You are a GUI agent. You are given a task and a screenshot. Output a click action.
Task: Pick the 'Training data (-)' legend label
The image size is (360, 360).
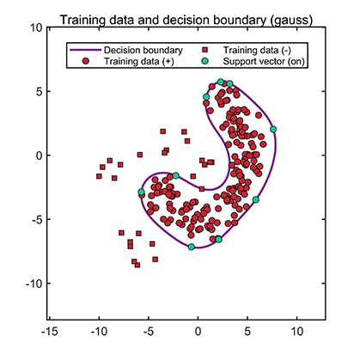pyautogui.click(x=255, y=51)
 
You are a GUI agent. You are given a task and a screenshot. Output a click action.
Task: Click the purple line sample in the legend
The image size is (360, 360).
pyautogui.click(x=84, y=51)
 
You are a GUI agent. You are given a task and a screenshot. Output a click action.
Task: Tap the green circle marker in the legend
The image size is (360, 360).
pyautogui.click(x=209, y=62)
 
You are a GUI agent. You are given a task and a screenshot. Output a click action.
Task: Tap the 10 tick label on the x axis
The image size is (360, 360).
pyautogui.click(x=297, y=329)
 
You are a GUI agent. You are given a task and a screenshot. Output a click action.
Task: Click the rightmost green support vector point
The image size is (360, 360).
pyautogui.click(x=273, y=129)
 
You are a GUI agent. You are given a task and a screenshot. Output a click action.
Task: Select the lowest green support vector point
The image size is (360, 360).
pyautogui.click(x=192, y=247)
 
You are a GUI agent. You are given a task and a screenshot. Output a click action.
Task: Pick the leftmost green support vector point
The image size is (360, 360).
pyautogui.click(x=142, y=192)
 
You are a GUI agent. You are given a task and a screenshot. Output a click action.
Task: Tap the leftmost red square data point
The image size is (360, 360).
pyautogui.click(x=99, y=175)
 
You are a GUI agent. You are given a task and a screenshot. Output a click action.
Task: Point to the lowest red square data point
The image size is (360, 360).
pyautogui.click(x=137, y=265)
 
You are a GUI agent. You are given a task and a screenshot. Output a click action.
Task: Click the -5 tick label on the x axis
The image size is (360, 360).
pyautogui.click(x=147, y=329)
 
